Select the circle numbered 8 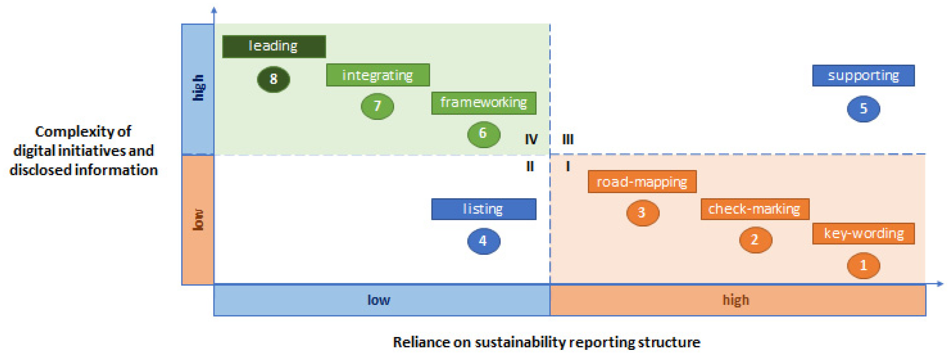pos(273,79)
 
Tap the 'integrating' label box pos(378,75)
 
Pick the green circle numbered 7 pos(377,106)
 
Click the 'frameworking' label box pos(483,103)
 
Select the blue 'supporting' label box pos(863,76)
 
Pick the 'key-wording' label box pos(863,234)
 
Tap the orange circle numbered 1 pos(863,266)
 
